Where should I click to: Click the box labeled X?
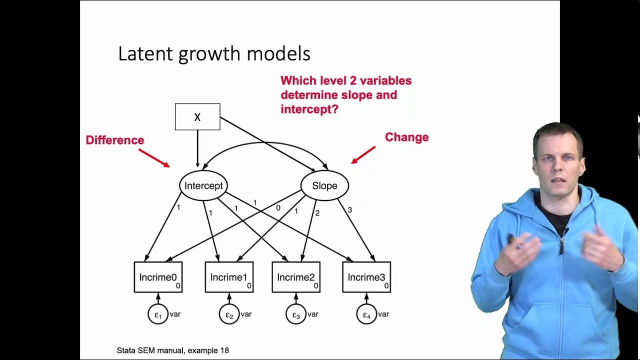coord(197,117)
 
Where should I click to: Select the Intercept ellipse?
coord(203,185)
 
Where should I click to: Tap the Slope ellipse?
coord(324,185)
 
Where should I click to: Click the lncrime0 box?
coord(158,277)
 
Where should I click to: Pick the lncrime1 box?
coord(229,277)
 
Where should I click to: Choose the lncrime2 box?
coord(296,277)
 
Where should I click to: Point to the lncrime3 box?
coord(366,277)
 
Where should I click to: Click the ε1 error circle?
coord(158,314)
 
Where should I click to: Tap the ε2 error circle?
coord(229,314)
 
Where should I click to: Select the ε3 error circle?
coord(296,314)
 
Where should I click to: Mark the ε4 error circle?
coord(366,314)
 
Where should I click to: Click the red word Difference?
coord(115,140)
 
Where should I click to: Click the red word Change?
coord(406,137)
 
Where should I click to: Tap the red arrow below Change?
coord(363,154)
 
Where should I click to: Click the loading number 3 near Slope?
coord(349,210)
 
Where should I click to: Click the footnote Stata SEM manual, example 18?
coord(173,350)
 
